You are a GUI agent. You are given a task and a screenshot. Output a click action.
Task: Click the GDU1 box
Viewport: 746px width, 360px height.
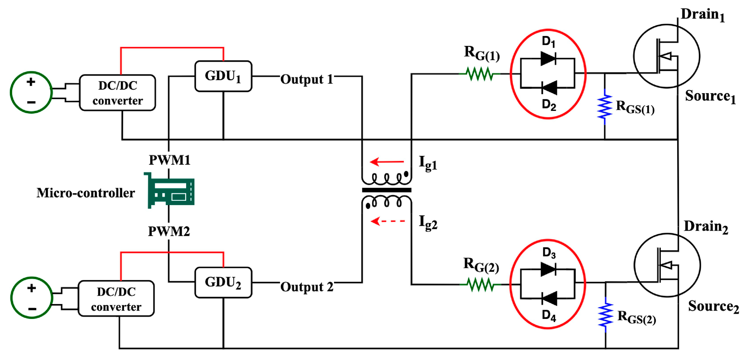pos(223,76)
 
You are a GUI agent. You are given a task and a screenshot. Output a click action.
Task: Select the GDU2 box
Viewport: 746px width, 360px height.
pos(223,282)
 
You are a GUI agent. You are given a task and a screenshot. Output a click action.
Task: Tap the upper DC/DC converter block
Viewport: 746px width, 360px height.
pos(118,93)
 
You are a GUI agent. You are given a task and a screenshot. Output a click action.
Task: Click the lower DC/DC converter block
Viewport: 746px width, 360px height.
pos(116,299)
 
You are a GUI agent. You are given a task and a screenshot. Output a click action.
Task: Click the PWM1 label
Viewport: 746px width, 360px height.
pos(169,160)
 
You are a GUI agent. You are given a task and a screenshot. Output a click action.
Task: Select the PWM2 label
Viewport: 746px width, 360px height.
pos(169,231)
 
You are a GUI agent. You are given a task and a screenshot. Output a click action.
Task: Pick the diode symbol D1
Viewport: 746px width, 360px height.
pos(548,58)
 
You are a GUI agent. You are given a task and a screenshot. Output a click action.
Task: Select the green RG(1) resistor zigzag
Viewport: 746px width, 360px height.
pos(480,74)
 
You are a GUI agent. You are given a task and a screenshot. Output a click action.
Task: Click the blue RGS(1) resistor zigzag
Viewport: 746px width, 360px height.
pos(605,107)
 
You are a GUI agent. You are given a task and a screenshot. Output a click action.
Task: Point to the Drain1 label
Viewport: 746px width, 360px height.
pos(702,14)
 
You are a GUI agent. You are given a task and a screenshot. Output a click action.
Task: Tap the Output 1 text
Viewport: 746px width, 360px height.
pos(307,79)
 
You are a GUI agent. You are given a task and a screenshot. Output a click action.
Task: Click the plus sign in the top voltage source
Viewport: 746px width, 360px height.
pos(31,82)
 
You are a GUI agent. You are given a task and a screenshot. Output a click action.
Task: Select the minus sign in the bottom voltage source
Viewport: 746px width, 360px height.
pos(32,309)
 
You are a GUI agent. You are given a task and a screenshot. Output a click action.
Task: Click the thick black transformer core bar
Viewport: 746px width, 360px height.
pos(386,190)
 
